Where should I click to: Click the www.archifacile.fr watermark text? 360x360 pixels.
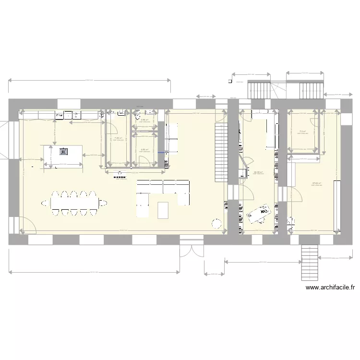point(330,288)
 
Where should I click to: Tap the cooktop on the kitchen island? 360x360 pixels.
point(63,152)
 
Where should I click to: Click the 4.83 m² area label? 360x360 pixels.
point(144,149)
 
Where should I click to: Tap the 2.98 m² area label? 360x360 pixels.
point(144,120)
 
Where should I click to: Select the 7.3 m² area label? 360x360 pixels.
point(302,131)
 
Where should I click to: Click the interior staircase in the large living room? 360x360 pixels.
point(220,152)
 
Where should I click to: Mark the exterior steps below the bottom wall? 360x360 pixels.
point(307,263)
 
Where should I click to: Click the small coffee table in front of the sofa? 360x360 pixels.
point(164,210)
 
